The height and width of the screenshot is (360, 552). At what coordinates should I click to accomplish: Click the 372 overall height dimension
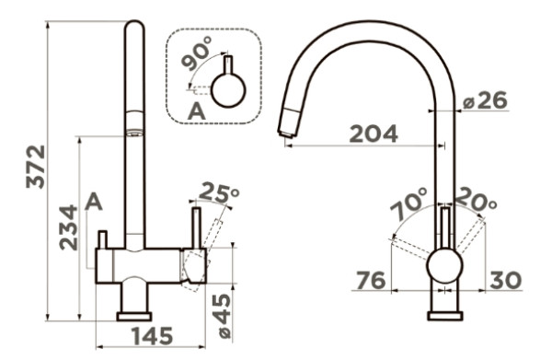(x=36, y=167)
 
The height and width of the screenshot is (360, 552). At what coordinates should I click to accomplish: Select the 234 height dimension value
(x=68, y=227)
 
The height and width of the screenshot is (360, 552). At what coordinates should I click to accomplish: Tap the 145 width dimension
(x=153, y=336)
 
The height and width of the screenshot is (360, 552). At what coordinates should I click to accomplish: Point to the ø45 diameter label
(x=222, y=316)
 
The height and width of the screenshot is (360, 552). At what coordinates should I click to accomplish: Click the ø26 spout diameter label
(x=485, y=100)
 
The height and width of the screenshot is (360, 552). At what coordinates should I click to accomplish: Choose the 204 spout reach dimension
(x=374, y=134)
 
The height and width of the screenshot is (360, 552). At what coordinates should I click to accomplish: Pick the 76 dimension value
(x=371, y=281)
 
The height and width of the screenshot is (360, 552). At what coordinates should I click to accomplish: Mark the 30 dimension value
(x=505, y=281)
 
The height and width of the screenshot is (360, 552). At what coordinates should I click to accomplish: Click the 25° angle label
(x=219, y=192)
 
